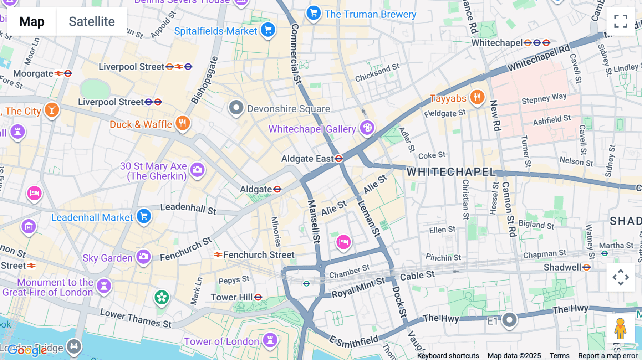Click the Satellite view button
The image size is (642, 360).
click(92, 21)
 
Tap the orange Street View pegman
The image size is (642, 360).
click(620, 328)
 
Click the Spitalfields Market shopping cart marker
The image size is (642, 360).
click(268, 30)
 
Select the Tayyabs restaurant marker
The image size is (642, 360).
click(477, 97)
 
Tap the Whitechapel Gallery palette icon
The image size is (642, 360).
click(367, 128)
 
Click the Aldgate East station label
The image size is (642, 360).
click(307, 159)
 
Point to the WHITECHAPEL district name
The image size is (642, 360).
click(451, 172)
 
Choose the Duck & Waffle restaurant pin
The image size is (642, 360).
click(183, 123)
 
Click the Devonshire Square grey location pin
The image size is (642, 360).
click(236, 107)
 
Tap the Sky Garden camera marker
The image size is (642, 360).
click(144, 257)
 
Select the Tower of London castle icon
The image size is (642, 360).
click(270, 340)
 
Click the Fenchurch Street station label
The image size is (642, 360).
click(259, 255)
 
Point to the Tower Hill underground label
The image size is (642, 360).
click(231, 297)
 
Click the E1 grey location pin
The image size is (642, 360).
click(509, 319)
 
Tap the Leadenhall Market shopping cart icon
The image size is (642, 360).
click(144, 216)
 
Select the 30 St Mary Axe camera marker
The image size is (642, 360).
click(197, 170)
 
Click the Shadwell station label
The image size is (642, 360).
click(562, 267)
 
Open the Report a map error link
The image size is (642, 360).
click(608, 356)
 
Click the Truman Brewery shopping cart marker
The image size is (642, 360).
click(314, 13)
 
